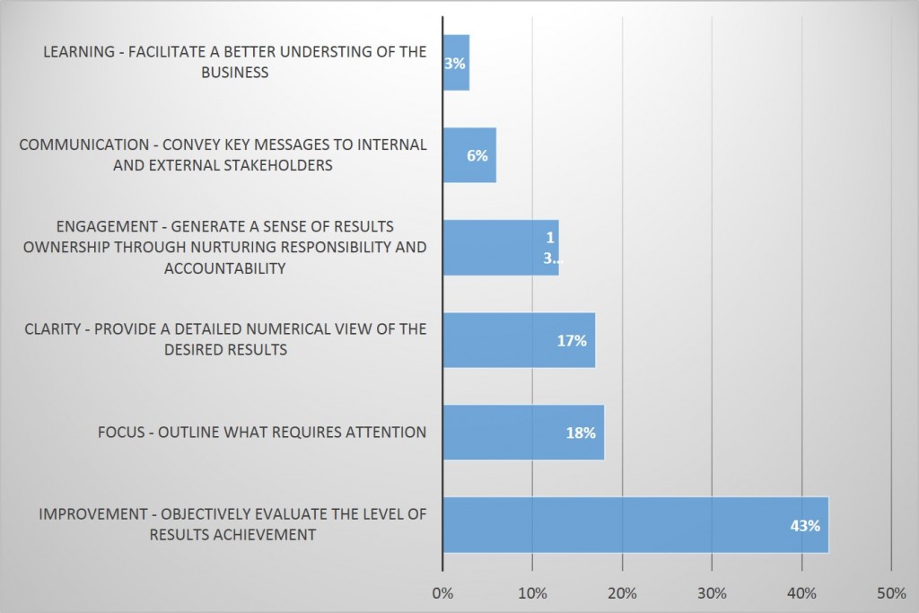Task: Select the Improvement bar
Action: pos(628,525)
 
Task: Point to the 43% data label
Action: pos(805,526)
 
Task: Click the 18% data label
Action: pos(581,433)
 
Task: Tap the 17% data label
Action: pos(572,341)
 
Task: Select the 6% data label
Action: pos(477,155)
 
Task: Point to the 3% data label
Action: pos(455,64)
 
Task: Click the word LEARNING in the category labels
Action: pos(78,52)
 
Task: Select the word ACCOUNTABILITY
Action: pos(225,267)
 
